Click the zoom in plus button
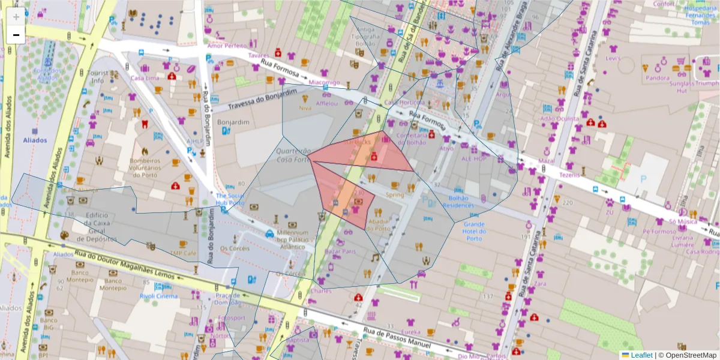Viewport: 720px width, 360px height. click(16, 17)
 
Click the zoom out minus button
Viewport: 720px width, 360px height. click(16, 35)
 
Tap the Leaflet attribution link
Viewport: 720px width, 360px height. click(641, 355)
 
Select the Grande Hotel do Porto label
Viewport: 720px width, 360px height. click(474, 231)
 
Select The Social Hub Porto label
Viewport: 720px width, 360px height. click(230, 199)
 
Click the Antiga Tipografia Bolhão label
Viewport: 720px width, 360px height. click(366, 37)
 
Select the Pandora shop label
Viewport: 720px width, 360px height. click(658, 77)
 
